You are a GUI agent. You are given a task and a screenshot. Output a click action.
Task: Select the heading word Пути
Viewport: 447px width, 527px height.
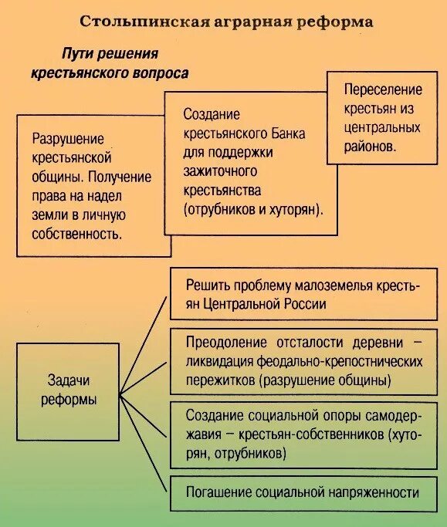coord(76,54)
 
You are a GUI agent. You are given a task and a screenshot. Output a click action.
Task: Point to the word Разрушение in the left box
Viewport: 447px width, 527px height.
coord(68,139)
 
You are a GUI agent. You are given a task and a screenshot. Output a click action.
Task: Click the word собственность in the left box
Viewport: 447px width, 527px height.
coord(76,232)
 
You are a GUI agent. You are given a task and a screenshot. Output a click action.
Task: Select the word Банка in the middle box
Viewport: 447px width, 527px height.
coord(287,133)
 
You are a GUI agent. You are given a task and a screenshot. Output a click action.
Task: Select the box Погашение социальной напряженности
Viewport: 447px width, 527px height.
coord(303,492)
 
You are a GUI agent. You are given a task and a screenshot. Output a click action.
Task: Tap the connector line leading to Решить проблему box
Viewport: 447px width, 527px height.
coord(144,344)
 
